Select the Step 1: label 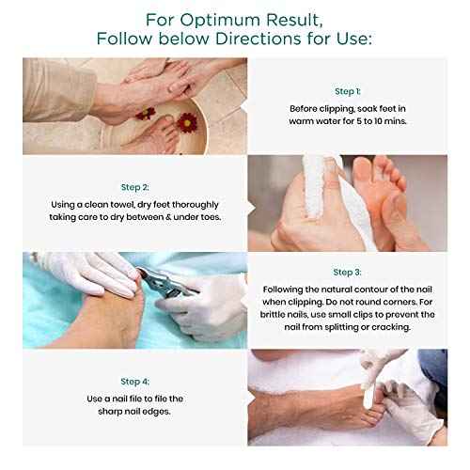click(348, 91)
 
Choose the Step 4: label click(134, 381)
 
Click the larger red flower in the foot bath click(187, 122)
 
